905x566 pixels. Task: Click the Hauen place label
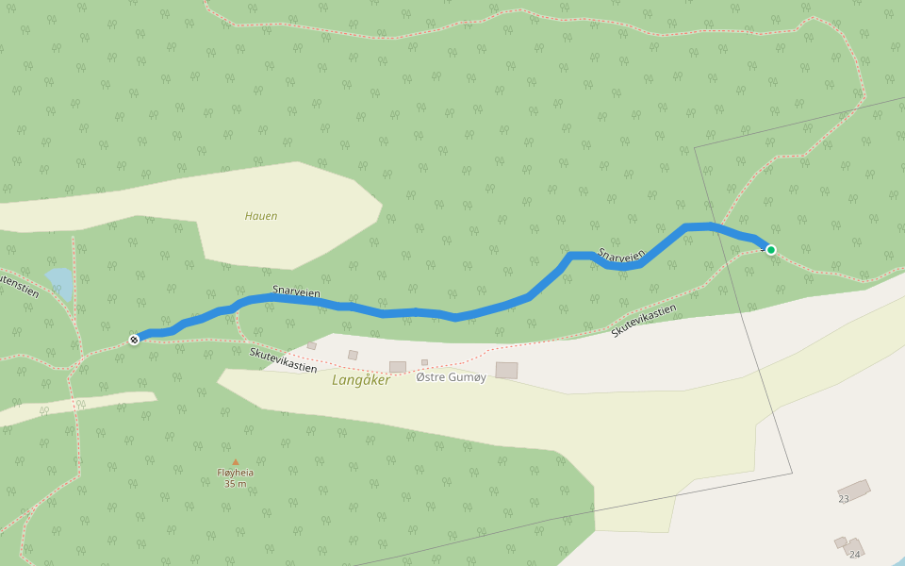coord(261,216)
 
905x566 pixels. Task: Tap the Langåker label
coord(361,380)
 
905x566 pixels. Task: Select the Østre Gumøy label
coord(451,377)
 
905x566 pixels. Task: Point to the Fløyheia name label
coord(235,473)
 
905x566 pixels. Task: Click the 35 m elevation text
coord(235,484)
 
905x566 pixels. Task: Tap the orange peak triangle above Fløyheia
coord(235,462)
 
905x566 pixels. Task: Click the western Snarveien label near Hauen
coord(296,292)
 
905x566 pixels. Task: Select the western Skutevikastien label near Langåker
coord(283,359)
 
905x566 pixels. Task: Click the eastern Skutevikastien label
coord(644,321)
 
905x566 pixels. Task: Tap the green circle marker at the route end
coord(771,250)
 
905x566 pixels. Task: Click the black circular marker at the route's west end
coord(134,339)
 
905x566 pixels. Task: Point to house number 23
coord(844,499)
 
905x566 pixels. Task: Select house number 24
coord(855,554)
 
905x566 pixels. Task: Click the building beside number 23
coord(855,490)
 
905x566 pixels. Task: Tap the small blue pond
coord(59,280)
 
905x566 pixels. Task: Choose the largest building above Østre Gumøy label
coord(506,370)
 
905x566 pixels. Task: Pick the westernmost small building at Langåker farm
coord(311,345)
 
